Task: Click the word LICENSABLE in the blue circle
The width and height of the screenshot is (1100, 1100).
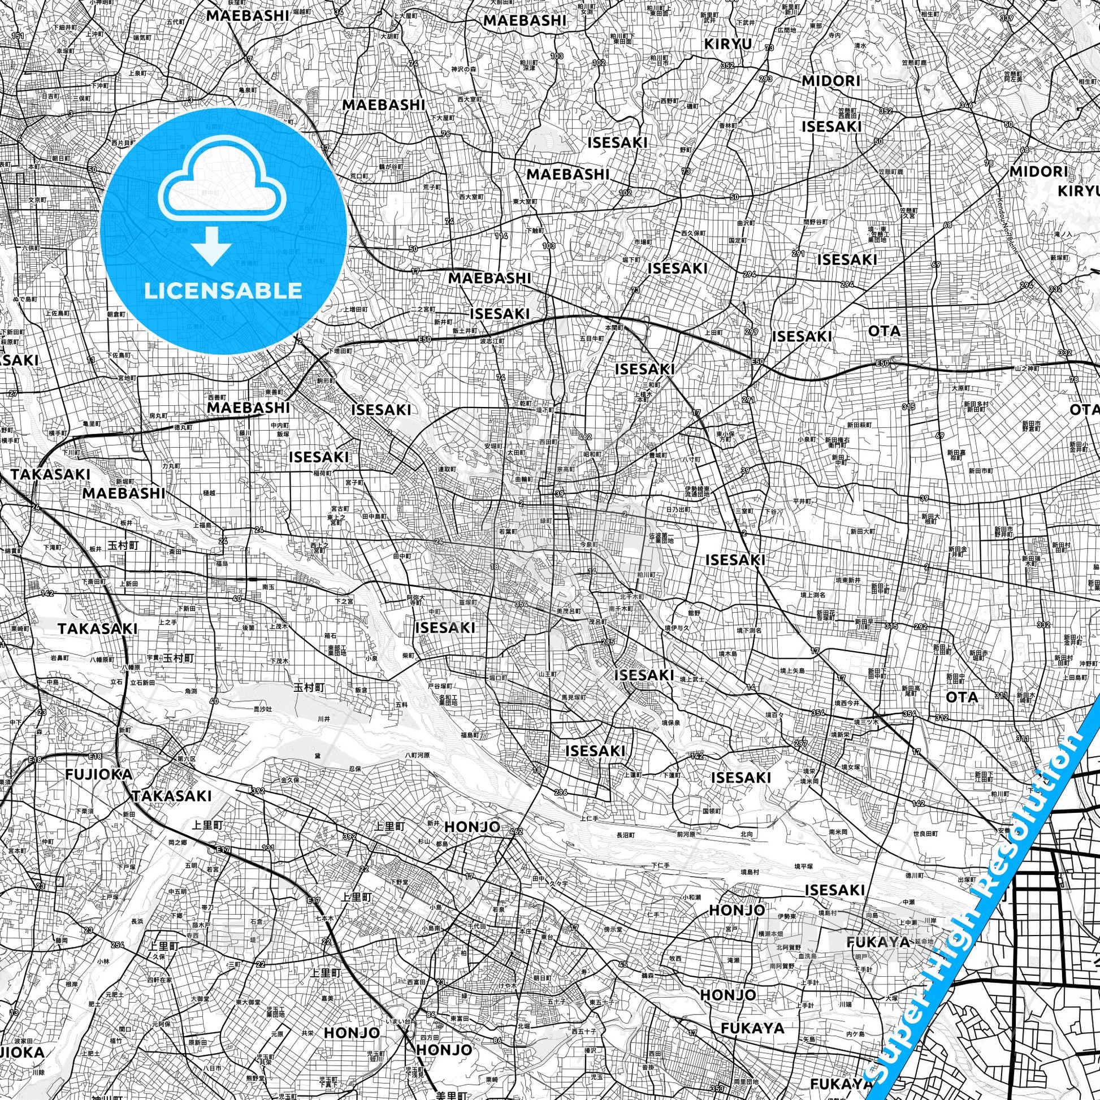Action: click(223, 291)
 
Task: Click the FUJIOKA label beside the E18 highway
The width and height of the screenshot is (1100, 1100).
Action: click(98, 774)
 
